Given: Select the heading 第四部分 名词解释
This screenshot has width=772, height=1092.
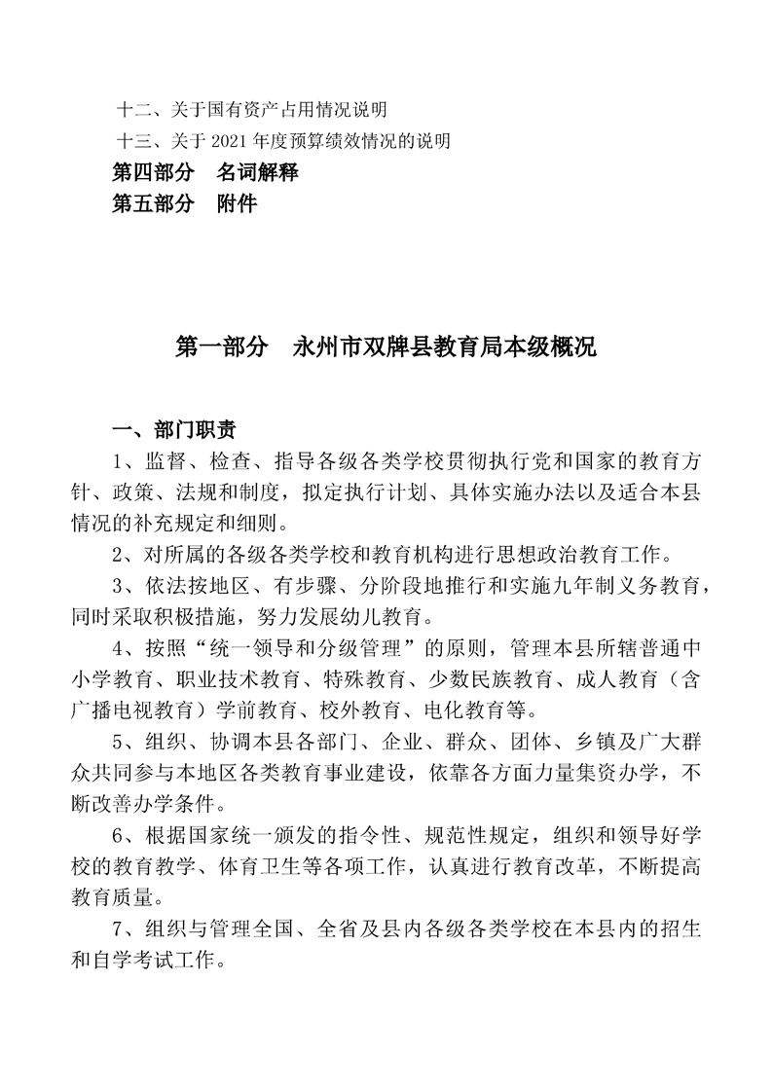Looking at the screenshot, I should tap(204, 173).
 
